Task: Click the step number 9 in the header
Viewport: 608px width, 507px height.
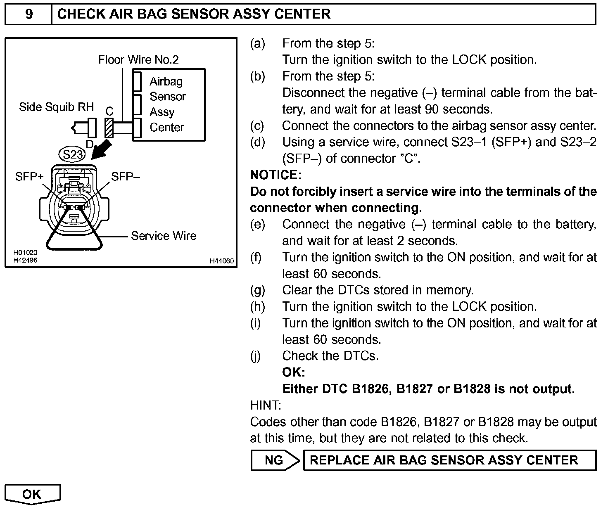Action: (29, 14)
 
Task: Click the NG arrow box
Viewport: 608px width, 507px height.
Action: (274, 460)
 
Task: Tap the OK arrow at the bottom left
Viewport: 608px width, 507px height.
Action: (32, 494)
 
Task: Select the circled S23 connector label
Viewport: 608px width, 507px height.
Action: (73, 155)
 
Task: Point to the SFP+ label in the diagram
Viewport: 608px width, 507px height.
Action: (29, 177)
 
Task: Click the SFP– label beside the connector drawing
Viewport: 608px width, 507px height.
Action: (126, 177)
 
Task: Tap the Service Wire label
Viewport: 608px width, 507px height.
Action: (164, 236)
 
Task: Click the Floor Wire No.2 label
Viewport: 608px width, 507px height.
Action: (138, 60)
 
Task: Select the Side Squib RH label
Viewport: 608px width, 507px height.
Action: (57, 107)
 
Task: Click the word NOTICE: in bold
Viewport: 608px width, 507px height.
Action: (276, 175)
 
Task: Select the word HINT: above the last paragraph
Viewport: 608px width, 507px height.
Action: (266, 405)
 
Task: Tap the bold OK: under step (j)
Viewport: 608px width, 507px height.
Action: (294, 372)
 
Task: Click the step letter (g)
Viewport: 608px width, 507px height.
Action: (257, 290)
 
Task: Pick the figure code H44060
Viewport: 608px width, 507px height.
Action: (222, 261)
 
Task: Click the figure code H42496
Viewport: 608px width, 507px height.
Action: (25, 260)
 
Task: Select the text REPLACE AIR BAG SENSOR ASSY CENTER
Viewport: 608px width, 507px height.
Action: (444, 460)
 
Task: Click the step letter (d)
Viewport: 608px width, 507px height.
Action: (257, 142)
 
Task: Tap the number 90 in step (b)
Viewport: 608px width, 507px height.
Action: (431, 109)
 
